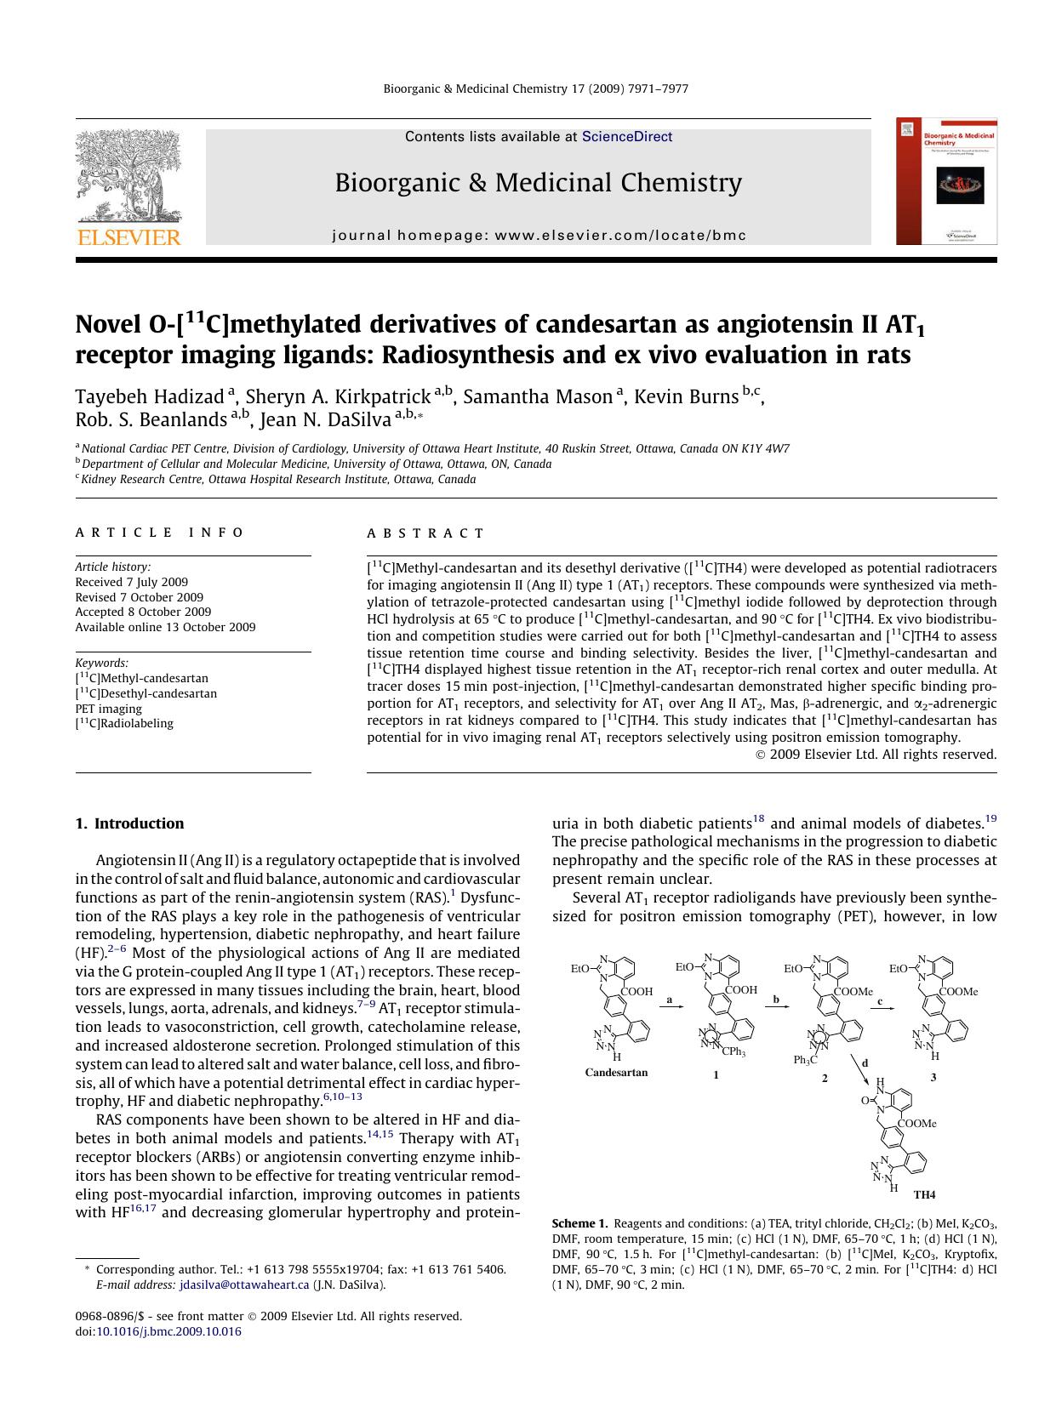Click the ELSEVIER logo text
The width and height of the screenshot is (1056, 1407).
click(129, 237)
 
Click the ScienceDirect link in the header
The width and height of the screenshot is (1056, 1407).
click(626, 137)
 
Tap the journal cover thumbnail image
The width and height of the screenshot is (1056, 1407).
click(946, 181)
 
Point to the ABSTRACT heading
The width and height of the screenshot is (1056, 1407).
click(425, 533)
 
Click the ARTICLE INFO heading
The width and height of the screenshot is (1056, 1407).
click(160, 533)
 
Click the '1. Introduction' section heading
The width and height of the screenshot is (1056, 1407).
click(129, 823)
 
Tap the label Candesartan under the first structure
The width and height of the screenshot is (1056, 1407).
click(616, 1073)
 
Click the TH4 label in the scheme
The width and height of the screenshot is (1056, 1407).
click(924, 1194)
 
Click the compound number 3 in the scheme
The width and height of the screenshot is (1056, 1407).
click(933, 1077)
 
